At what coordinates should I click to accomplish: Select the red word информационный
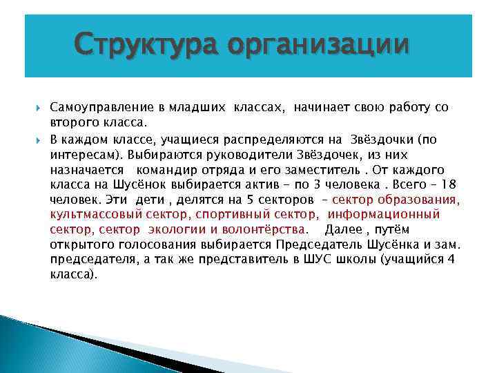point(394,215)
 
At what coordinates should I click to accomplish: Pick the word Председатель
point(314,245)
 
